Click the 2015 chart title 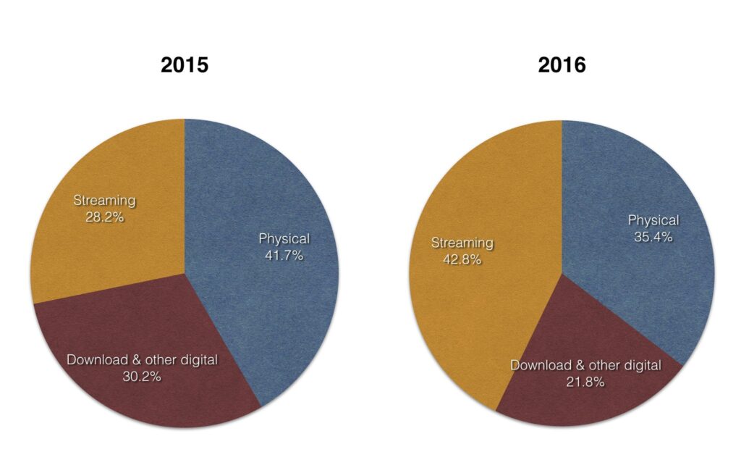[x=185, y=65]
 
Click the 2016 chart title [x=562, y=65]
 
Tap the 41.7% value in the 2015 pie [x=284, y=255]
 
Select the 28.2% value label [x=104, y=217]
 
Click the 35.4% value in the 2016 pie [x=653, y=237]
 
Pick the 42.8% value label [x=462, y=259]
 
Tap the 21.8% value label [x=585, y=382]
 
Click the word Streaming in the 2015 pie [x=104, y=200]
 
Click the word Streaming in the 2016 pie [x=462, y=243]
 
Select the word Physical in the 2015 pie [x=284, y=238]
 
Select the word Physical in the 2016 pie [x=653, y=220]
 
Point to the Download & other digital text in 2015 [x=142, y=360]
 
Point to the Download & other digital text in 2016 [x=585, y=365]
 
